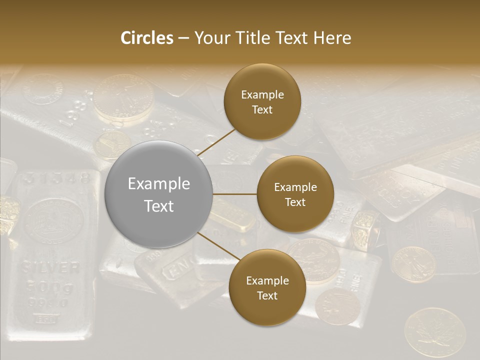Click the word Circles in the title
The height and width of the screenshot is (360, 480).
pyautogui.click(x=146, y=38)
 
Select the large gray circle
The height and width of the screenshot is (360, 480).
pyautogui.click(x=158, y=194)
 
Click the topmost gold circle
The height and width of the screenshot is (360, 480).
pyautogui.click(x=262, y=101)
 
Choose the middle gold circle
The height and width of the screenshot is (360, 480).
pyautogui.click(x=295, y=194)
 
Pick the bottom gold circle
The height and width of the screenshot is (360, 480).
pyautogui.click(x=267, y=287)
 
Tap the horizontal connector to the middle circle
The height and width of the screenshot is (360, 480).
pyautogui.click(x=235, y=194)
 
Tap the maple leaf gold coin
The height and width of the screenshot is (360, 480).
pyautogui.click(x=434, y=332)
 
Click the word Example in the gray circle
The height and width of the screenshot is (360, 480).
pyautogui.click(x=158, y=184)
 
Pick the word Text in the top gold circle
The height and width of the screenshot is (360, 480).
pyautogui.click(x=262, y=109)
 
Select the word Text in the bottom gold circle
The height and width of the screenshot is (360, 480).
pyautogui.click(x=267, y=295)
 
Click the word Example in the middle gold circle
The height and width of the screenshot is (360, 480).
pyautogui.click(x=295, y=187)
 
